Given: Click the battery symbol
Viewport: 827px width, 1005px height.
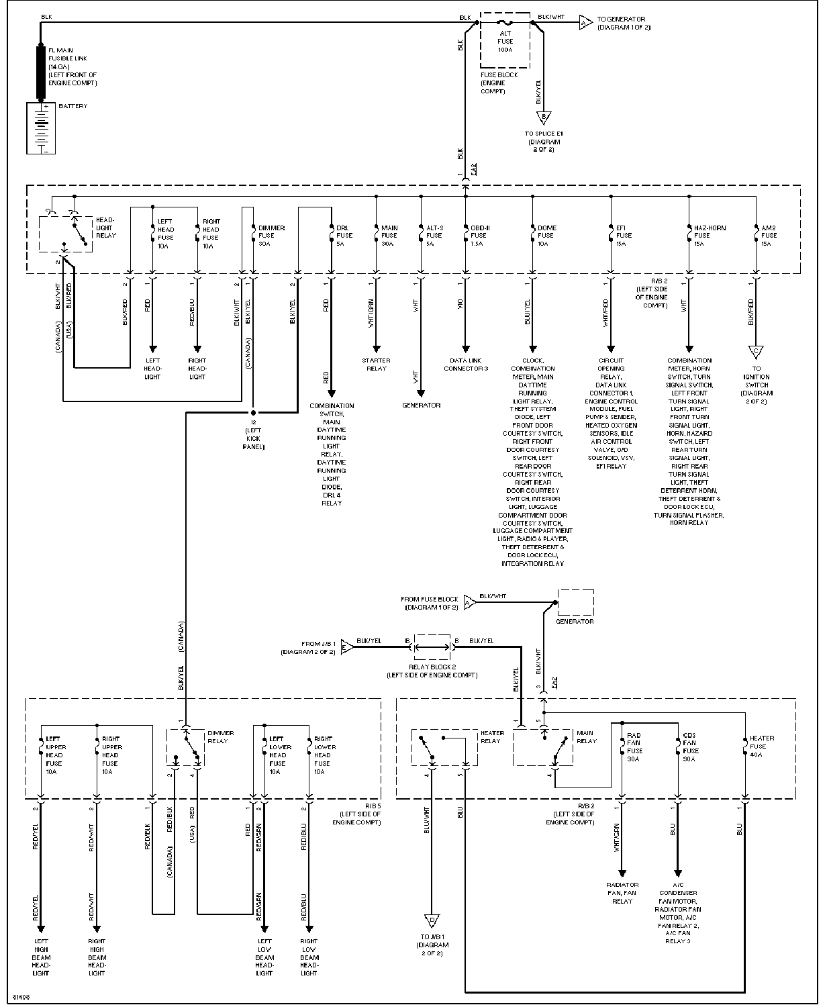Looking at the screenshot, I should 40,128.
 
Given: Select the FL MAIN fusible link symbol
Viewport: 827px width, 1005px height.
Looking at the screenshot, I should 40,72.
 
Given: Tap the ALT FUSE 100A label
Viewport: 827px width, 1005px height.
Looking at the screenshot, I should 505,41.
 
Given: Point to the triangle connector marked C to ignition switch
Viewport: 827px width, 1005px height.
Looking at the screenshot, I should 757,351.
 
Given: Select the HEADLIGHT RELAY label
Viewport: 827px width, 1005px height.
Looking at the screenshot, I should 105,228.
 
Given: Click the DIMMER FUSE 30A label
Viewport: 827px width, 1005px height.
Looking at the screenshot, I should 271,236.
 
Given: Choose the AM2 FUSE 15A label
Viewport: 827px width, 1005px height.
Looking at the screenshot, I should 769,236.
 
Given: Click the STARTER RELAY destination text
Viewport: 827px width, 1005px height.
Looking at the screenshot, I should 376,365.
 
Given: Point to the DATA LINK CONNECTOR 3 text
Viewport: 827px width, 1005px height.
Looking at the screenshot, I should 465,365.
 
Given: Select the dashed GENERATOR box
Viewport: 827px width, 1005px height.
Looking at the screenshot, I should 575,602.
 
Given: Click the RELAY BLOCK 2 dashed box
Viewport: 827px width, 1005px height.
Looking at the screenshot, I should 432,647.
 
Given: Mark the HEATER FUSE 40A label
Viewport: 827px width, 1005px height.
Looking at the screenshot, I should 762,746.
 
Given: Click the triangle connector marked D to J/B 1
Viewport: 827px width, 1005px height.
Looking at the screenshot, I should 432,920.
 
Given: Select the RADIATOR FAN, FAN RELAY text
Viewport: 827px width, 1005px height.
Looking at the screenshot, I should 622,893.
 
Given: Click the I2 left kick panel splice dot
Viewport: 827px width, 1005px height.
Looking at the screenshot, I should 253,412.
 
